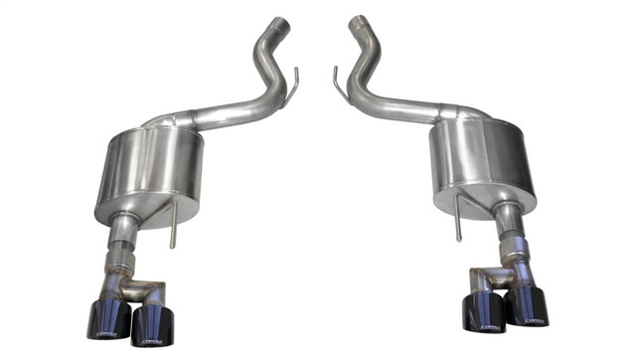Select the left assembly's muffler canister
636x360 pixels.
click(148, 175)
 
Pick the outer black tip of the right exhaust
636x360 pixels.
click(526, 309)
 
